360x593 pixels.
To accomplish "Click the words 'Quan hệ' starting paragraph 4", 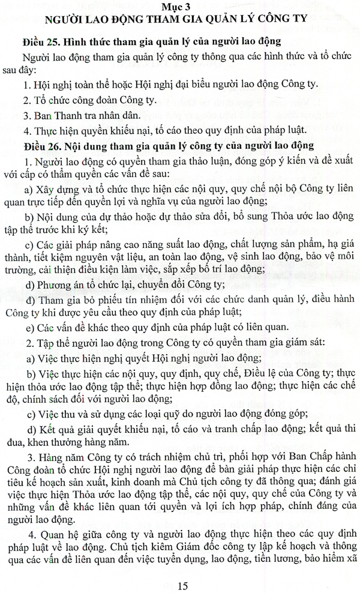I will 56,516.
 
